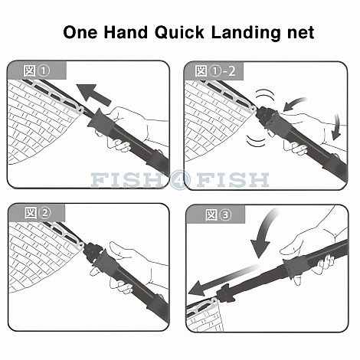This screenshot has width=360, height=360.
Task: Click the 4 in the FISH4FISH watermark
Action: tap(180, 180)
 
